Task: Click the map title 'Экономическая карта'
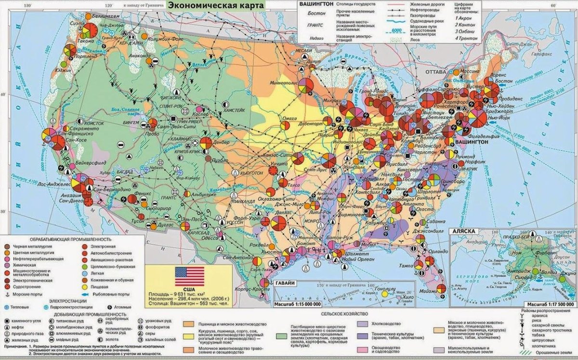point(215,5)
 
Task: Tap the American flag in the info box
point(189,277)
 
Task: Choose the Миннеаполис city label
point(285,82)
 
